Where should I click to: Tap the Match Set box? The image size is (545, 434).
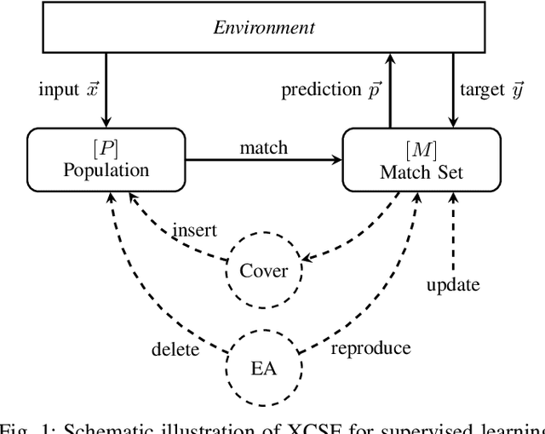(419, 159)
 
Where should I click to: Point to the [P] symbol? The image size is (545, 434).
(106, 147)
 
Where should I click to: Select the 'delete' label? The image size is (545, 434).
(175, 349)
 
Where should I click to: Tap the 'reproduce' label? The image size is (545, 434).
(370, 347)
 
